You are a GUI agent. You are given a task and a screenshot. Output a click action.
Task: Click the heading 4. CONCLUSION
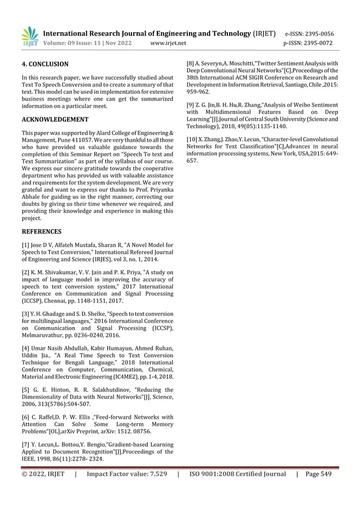coord(45,64)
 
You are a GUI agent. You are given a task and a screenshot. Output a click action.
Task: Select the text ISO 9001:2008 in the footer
coord(216,474)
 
